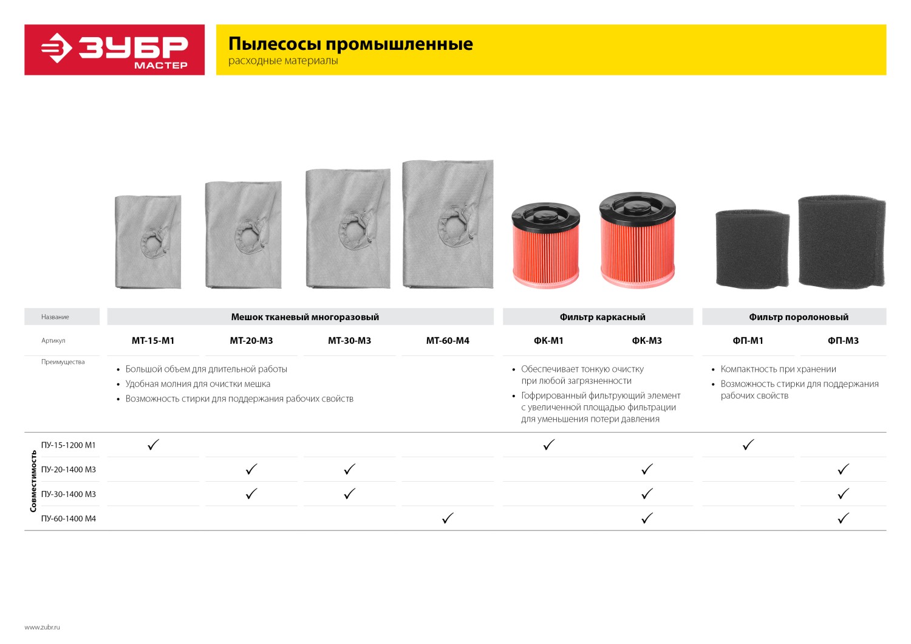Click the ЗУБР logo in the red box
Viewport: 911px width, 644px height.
click(x=114, y=49)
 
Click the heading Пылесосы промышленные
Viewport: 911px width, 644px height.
click(x=350, y=44)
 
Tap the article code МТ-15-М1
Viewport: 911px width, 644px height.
click(x=153, y=341)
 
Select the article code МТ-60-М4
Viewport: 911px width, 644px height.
click(x=448, y=341)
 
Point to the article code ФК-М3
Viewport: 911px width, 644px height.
click(x=647, y=341)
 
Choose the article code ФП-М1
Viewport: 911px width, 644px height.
click(x=748, y=341)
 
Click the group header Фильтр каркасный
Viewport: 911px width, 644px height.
click(x=602, y=317)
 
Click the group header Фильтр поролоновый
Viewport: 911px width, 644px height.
click(x=799, y=317)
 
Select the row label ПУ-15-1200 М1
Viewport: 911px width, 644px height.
click(x=69, y=445)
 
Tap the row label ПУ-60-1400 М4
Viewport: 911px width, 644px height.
click(x=69, y=519)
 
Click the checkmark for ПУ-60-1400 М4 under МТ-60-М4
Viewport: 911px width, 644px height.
click(x=448, y=518)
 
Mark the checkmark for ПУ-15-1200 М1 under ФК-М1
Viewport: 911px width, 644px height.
click(x=549, y=445)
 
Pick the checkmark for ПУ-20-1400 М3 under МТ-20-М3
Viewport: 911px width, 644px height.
click(x=251, y=469)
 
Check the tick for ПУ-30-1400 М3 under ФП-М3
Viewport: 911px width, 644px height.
click(x=843, y=494)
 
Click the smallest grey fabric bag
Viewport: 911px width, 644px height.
click(x=148, y=241)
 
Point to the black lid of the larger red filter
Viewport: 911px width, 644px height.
click(x=637, y=206)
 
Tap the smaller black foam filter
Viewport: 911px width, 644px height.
click(x=752, y=248)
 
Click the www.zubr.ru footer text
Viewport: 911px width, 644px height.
click(x=43, y=627)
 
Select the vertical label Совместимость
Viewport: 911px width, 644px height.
click(x=33, y=481)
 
